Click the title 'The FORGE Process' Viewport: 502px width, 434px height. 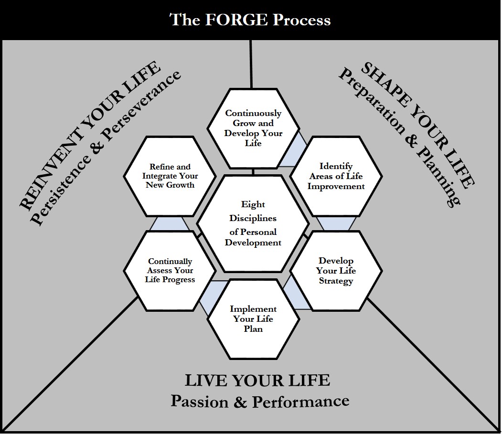point(250,20)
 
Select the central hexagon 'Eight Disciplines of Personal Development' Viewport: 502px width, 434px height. point(253,223)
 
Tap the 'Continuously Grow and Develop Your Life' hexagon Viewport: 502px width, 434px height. point(253,128)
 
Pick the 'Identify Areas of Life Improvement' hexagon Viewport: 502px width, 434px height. point(336,176)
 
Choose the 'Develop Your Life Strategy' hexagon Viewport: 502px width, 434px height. point(336,271)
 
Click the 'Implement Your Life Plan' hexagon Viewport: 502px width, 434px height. point(253,318)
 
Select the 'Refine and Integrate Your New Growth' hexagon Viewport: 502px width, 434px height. point(170,176)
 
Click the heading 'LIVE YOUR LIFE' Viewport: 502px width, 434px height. point(257,381)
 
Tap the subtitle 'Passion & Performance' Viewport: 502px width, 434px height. point(260,401)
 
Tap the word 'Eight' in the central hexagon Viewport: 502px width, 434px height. point(253,204)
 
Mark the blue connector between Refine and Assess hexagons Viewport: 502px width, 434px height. point(170,223)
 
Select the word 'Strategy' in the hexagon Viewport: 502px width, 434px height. point(336,281)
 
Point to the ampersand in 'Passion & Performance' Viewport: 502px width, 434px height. point(240,402)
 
